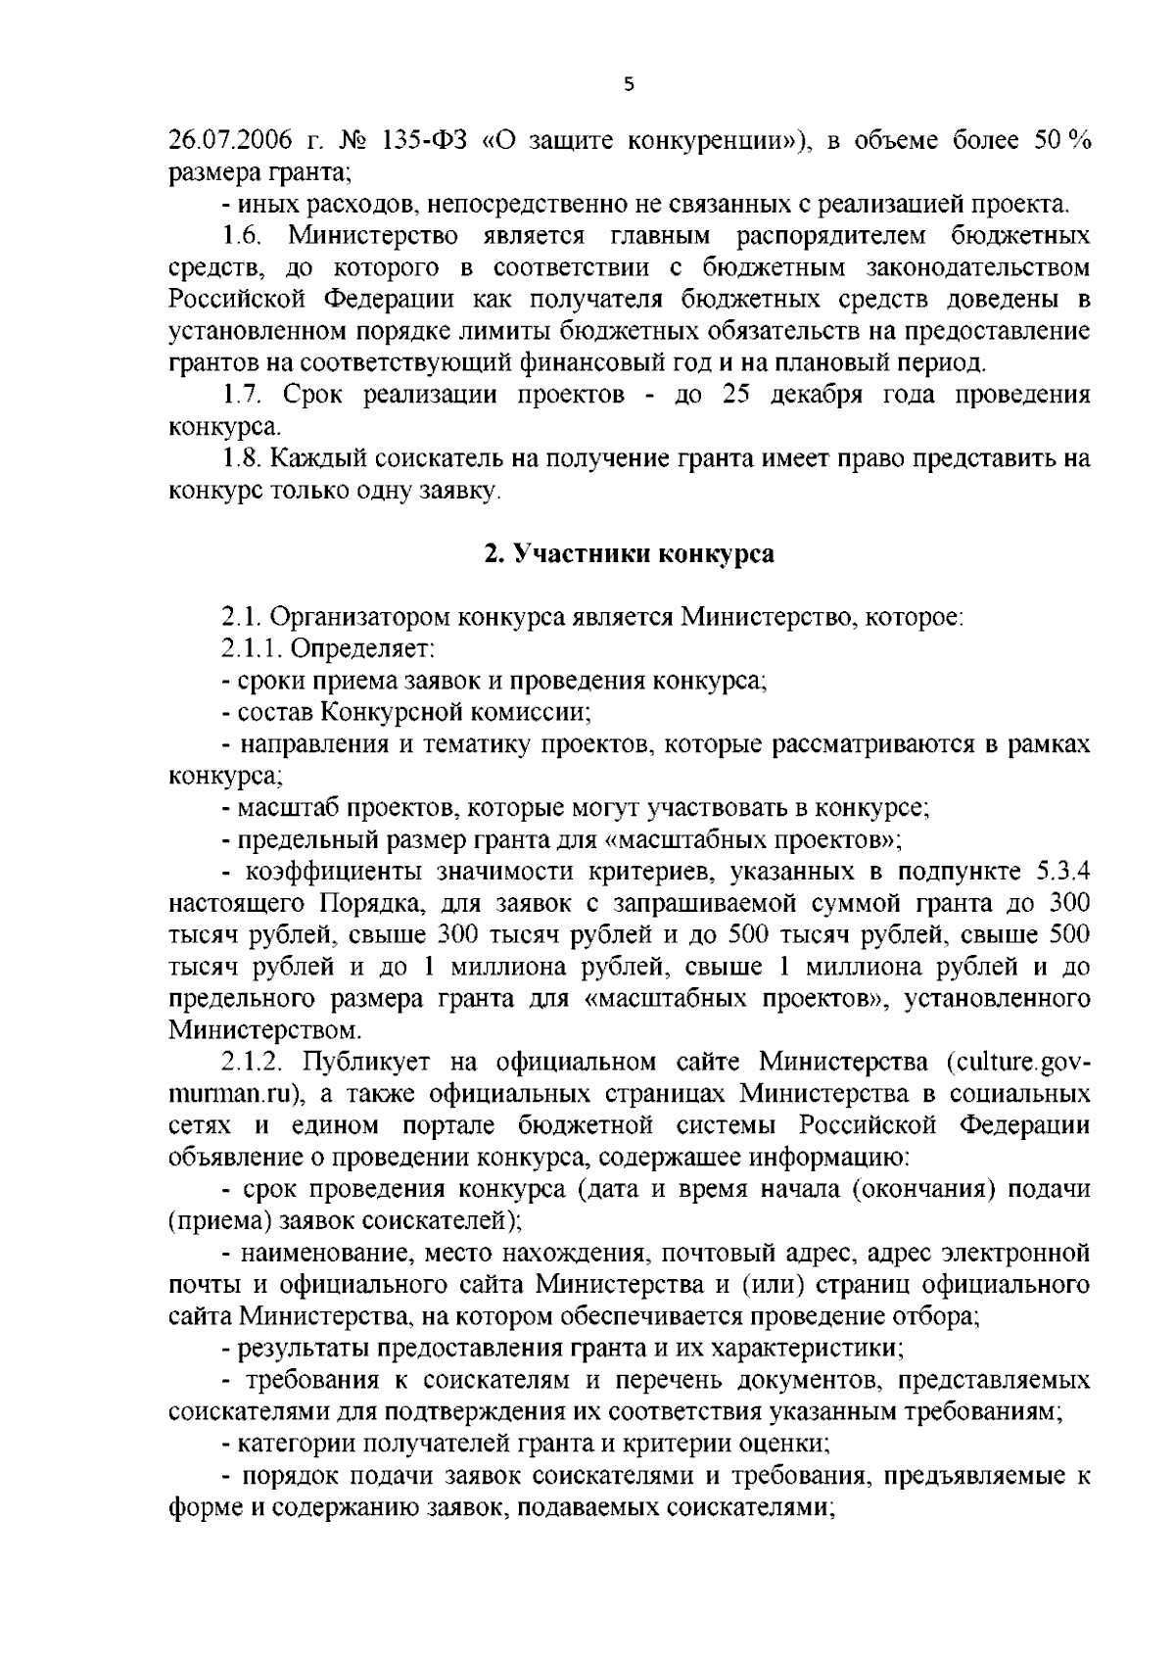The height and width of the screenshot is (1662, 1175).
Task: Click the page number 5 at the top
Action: [629, 85]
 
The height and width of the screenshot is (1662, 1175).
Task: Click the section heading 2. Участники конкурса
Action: [629, 554]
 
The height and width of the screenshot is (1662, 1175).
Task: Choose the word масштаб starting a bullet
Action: [280, 809]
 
